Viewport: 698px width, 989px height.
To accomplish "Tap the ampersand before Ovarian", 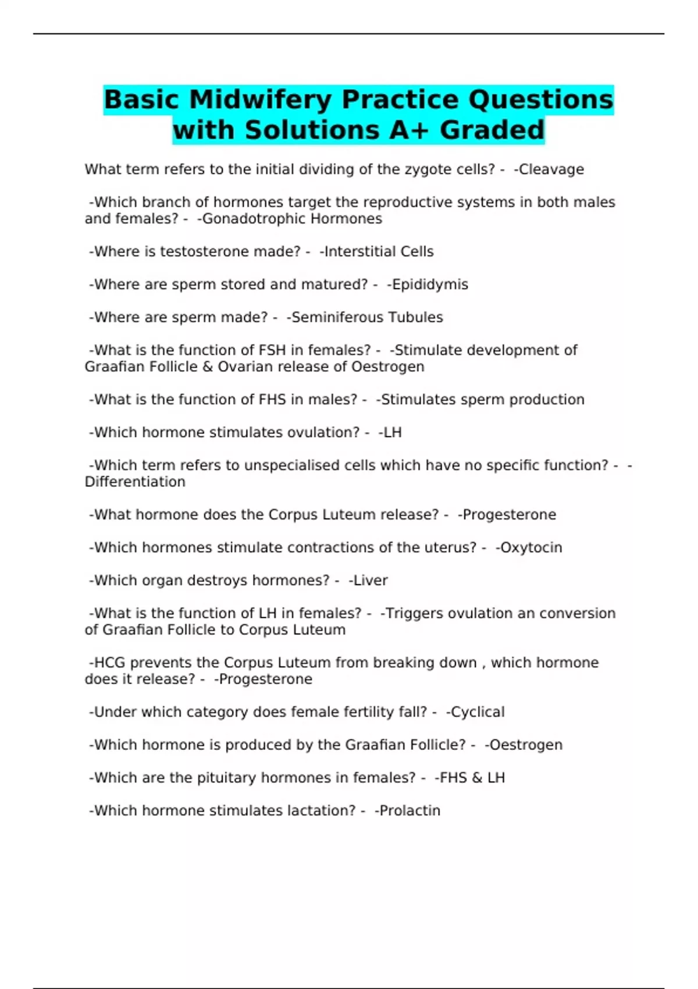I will coord(208,367).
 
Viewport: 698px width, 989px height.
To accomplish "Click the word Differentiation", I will coord(135,482).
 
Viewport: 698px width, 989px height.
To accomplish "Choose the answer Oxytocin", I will coord(531,547).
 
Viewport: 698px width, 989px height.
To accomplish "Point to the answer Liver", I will coord(370,580).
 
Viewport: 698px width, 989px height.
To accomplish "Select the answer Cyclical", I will coord(478,712).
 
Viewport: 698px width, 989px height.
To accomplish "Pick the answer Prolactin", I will coord(409,810).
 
